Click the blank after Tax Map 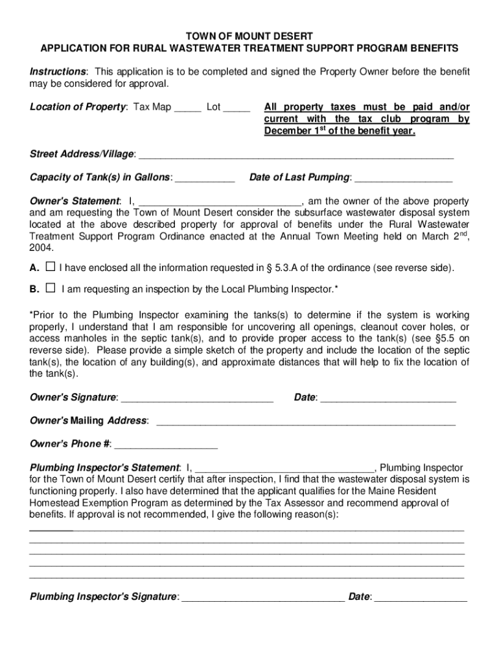pos(187,108)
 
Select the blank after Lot pos(237,108)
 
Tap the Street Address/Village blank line pos(296,155)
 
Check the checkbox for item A pos(51,267)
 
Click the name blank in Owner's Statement pos(220,202)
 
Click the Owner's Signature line pos(197,398)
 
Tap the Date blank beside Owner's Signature pos(388,398)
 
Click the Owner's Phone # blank pos(166,445)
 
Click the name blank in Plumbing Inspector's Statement pos(284,468)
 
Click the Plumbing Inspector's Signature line pos(263,597)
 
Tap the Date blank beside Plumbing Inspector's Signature pos(421,597)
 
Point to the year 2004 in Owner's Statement pos(41,248)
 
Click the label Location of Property pos(78,108)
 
